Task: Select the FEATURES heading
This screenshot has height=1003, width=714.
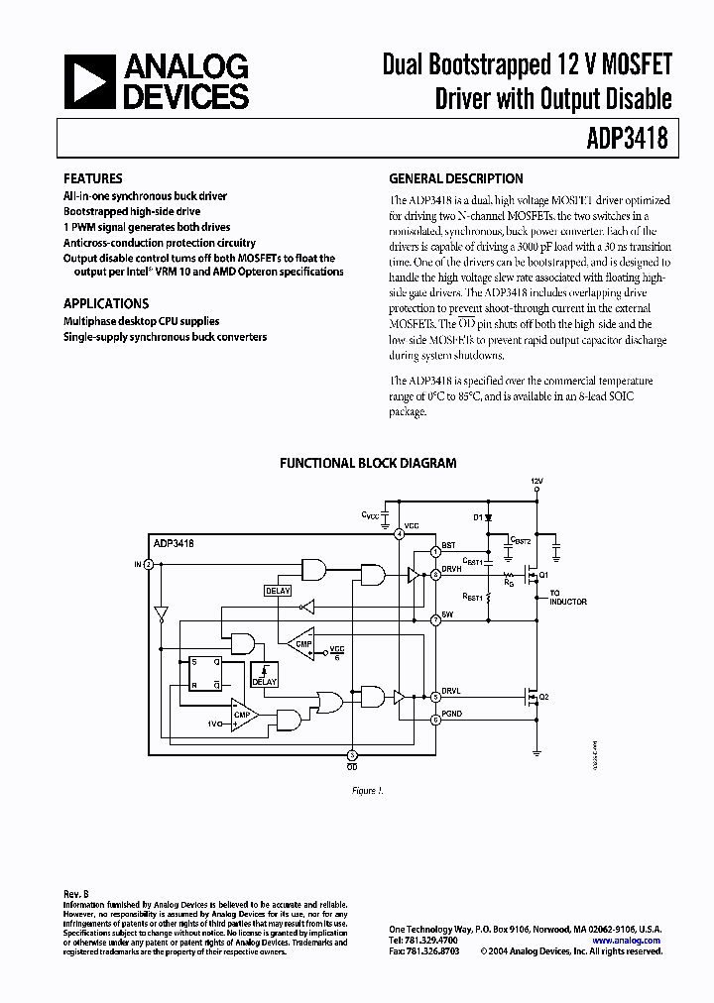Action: pos(93,179)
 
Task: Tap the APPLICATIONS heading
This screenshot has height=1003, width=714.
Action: pos(106,304)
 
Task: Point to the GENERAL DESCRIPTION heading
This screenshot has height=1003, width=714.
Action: pos(456,179)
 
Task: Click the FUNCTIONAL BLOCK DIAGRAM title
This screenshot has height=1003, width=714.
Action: pos(368,463)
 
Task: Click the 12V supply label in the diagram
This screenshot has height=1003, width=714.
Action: pos(536,482)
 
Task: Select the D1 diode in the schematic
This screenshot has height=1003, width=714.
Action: pos(489,517)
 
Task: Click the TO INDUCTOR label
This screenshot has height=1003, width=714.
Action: pos(568,598)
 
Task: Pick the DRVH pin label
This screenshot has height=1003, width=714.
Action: pos(452,569)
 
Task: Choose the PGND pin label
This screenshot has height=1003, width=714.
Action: pos(452,711)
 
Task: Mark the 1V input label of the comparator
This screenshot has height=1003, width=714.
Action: pos(213,724)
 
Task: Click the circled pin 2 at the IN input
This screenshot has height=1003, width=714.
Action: pos(149,564)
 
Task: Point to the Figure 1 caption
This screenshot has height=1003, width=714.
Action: pos(367,790)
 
